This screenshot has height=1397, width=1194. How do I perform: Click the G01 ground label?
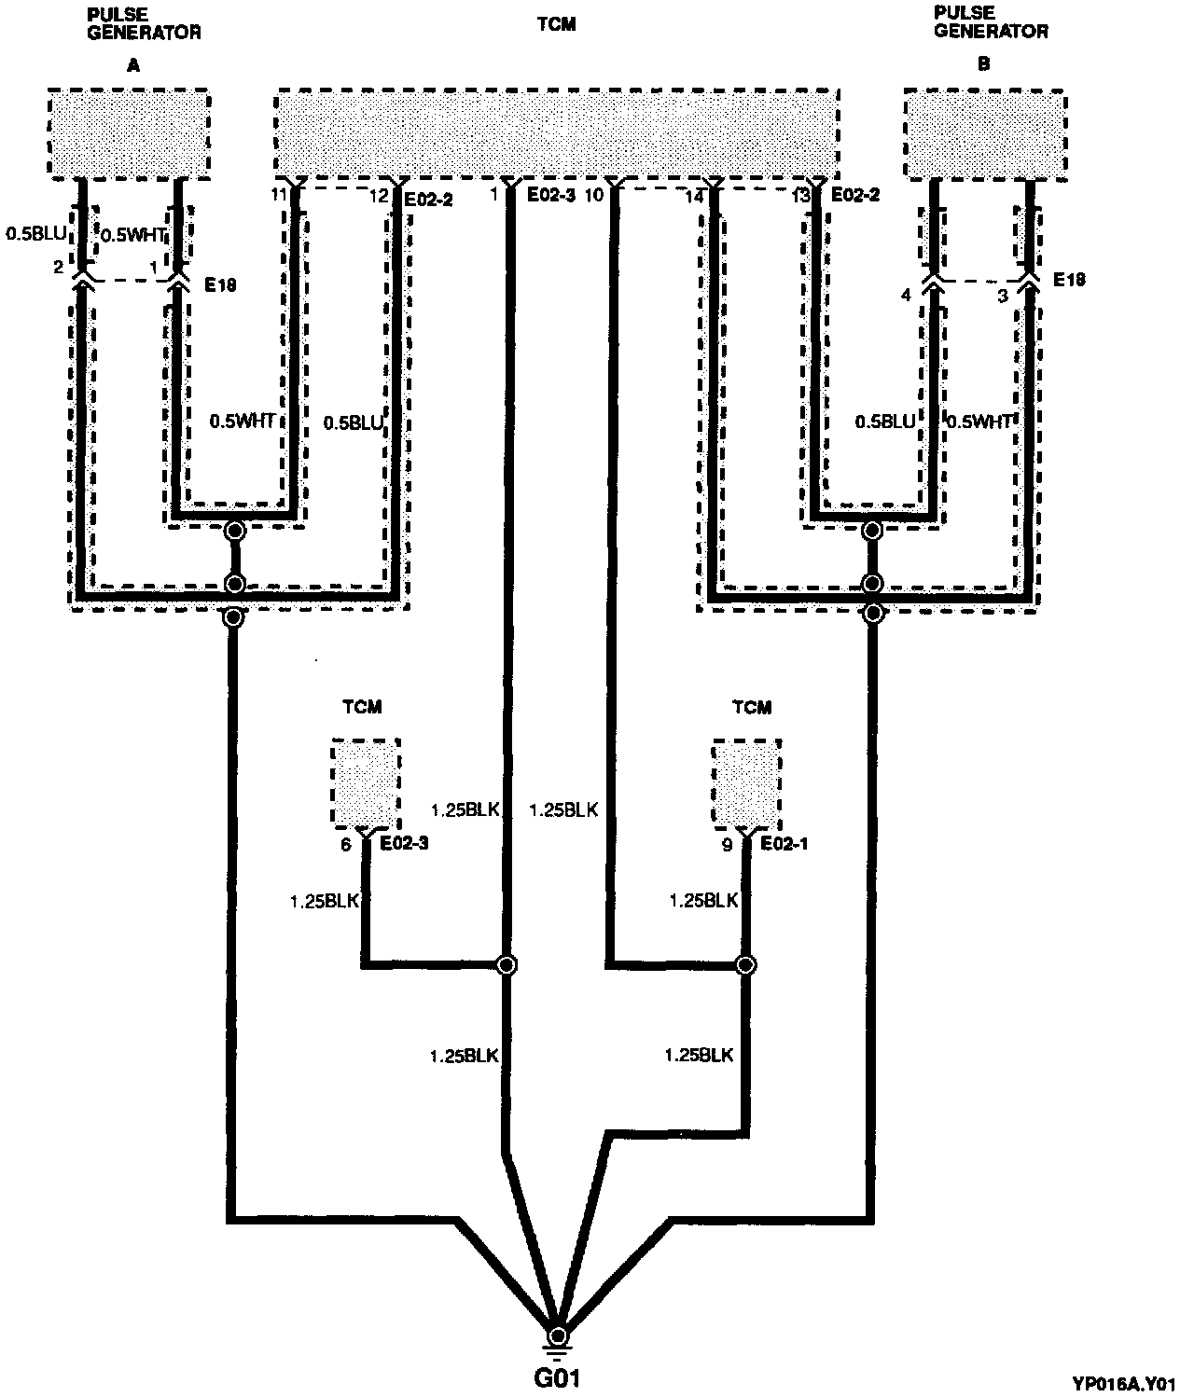[558, 1376]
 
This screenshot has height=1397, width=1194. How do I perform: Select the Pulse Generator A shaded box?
[129, 132]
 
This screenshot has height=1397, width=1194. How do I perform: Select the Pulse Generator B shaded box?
[985, 132]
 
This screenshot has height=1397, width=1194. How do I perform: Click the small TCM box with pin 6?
[367, 783]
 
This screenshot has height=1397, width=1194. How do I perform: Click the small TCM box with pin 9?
[746, 783]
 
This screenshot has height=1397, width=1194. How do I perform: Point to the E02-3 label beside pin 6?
[404, 845]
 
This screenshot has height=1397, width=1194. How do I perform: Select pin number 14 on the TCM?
[693, 197]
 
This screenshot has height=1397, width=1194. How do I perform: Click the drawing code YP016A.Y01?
[1134, 1384]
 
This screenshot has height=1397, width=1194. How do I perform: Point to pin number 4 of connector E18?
[904, 297]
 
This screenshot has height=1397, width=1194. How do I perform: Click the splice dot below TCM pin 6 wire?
[506, 965]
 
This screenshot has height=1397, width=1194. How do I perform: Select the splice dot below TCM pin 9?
[745, 965]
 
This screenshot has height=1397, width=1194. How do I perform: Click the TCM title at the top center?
[557, 25]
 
